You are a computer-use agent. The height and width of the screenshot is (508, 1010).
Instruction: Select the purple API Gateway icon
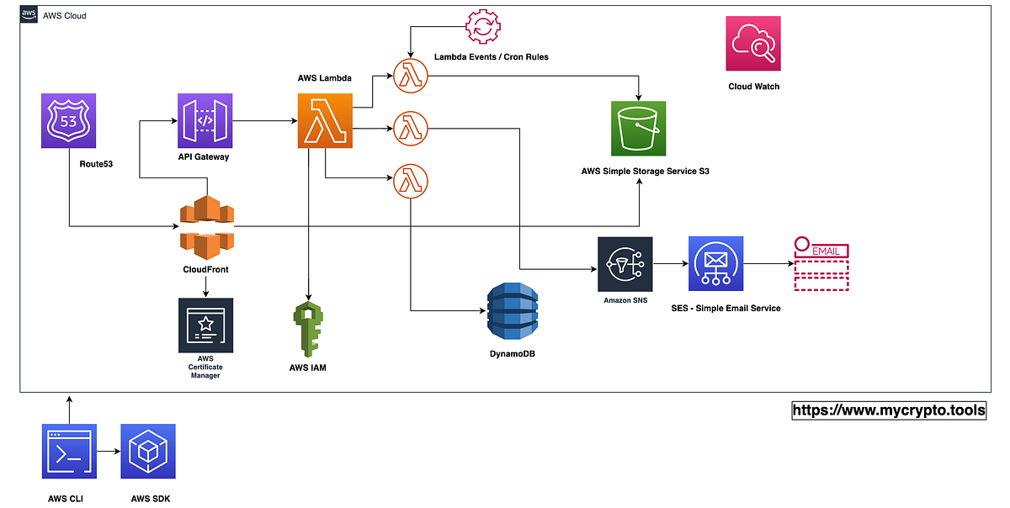click(x=205, y=121)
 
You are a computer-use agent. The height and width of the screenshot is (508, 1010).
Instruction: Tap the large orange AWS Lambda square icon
click(x=325, y=121)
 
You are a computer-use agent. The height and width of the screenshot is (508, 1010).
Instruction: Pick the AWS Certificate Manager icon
click(x=205, y=325)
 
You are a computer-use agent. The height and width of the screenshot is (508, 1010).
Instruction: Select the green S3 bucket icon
click(x=638, y=129)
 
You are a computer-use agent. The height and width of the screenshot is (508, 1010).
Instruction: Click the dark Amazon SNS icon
click(x=625, y=264)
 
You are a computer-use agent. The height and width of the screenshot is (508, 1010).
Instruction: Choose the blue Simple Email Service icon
click(x=715, y=264)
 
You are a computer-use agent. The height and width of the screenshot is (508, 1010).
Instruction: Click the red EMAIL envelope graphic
click(x=821, y=264)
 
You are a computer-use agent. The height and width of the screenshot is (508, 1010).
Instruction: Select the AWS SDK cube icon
click(x=147, y=452)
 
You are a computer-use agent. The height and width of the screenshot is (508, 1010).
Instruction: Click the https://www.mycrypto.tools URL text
click(x=889, y=410)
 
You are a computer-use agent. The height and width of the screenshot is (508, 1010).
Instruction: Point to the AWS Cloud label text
click(x=64, y=16)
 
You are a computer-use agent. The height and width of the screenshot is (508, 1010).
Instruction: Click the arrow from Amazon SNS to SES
click(x=671, y=264)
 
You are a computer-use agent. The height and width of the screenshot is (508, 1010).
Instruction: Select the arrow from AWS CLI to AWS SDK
click(x=109, y=452)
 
